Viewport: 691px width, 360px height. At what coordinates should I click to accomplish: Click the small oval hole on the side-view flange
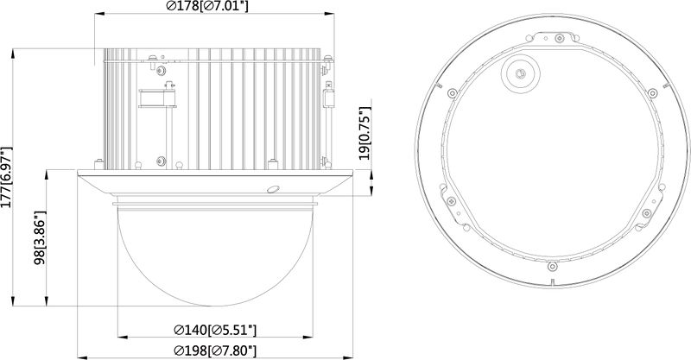pyautogui.click(x=272, y=189)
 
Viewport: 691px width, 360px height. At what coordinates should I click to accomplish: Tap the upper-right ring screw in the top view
pyautogui.click(x=650, y=90)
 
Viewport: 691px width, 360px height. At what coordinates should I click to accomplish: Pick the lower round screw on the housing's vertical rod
pyautogui.click(x=161, y=160)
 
